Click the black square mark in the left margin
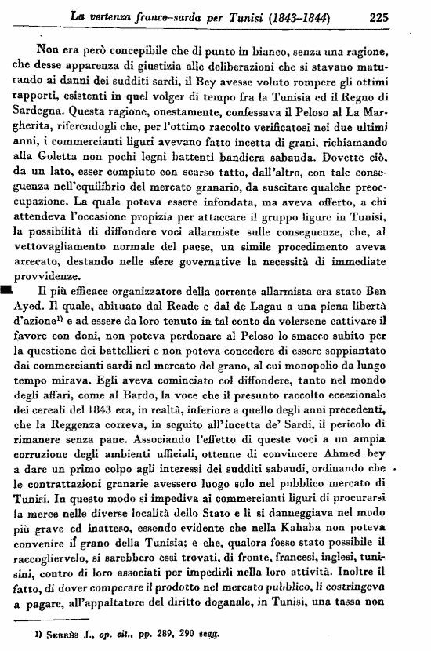pos(7,290)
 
